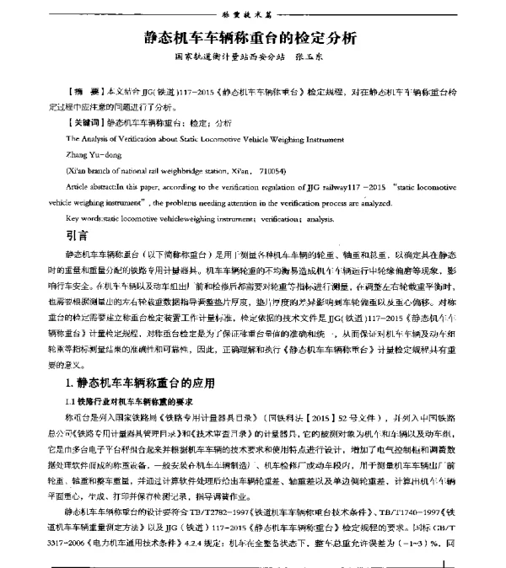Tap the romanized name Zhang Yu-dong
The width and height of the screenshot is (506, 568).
[x=92, y=155]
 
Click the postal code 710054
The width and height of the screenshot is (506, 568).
[x=291, y=170]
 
